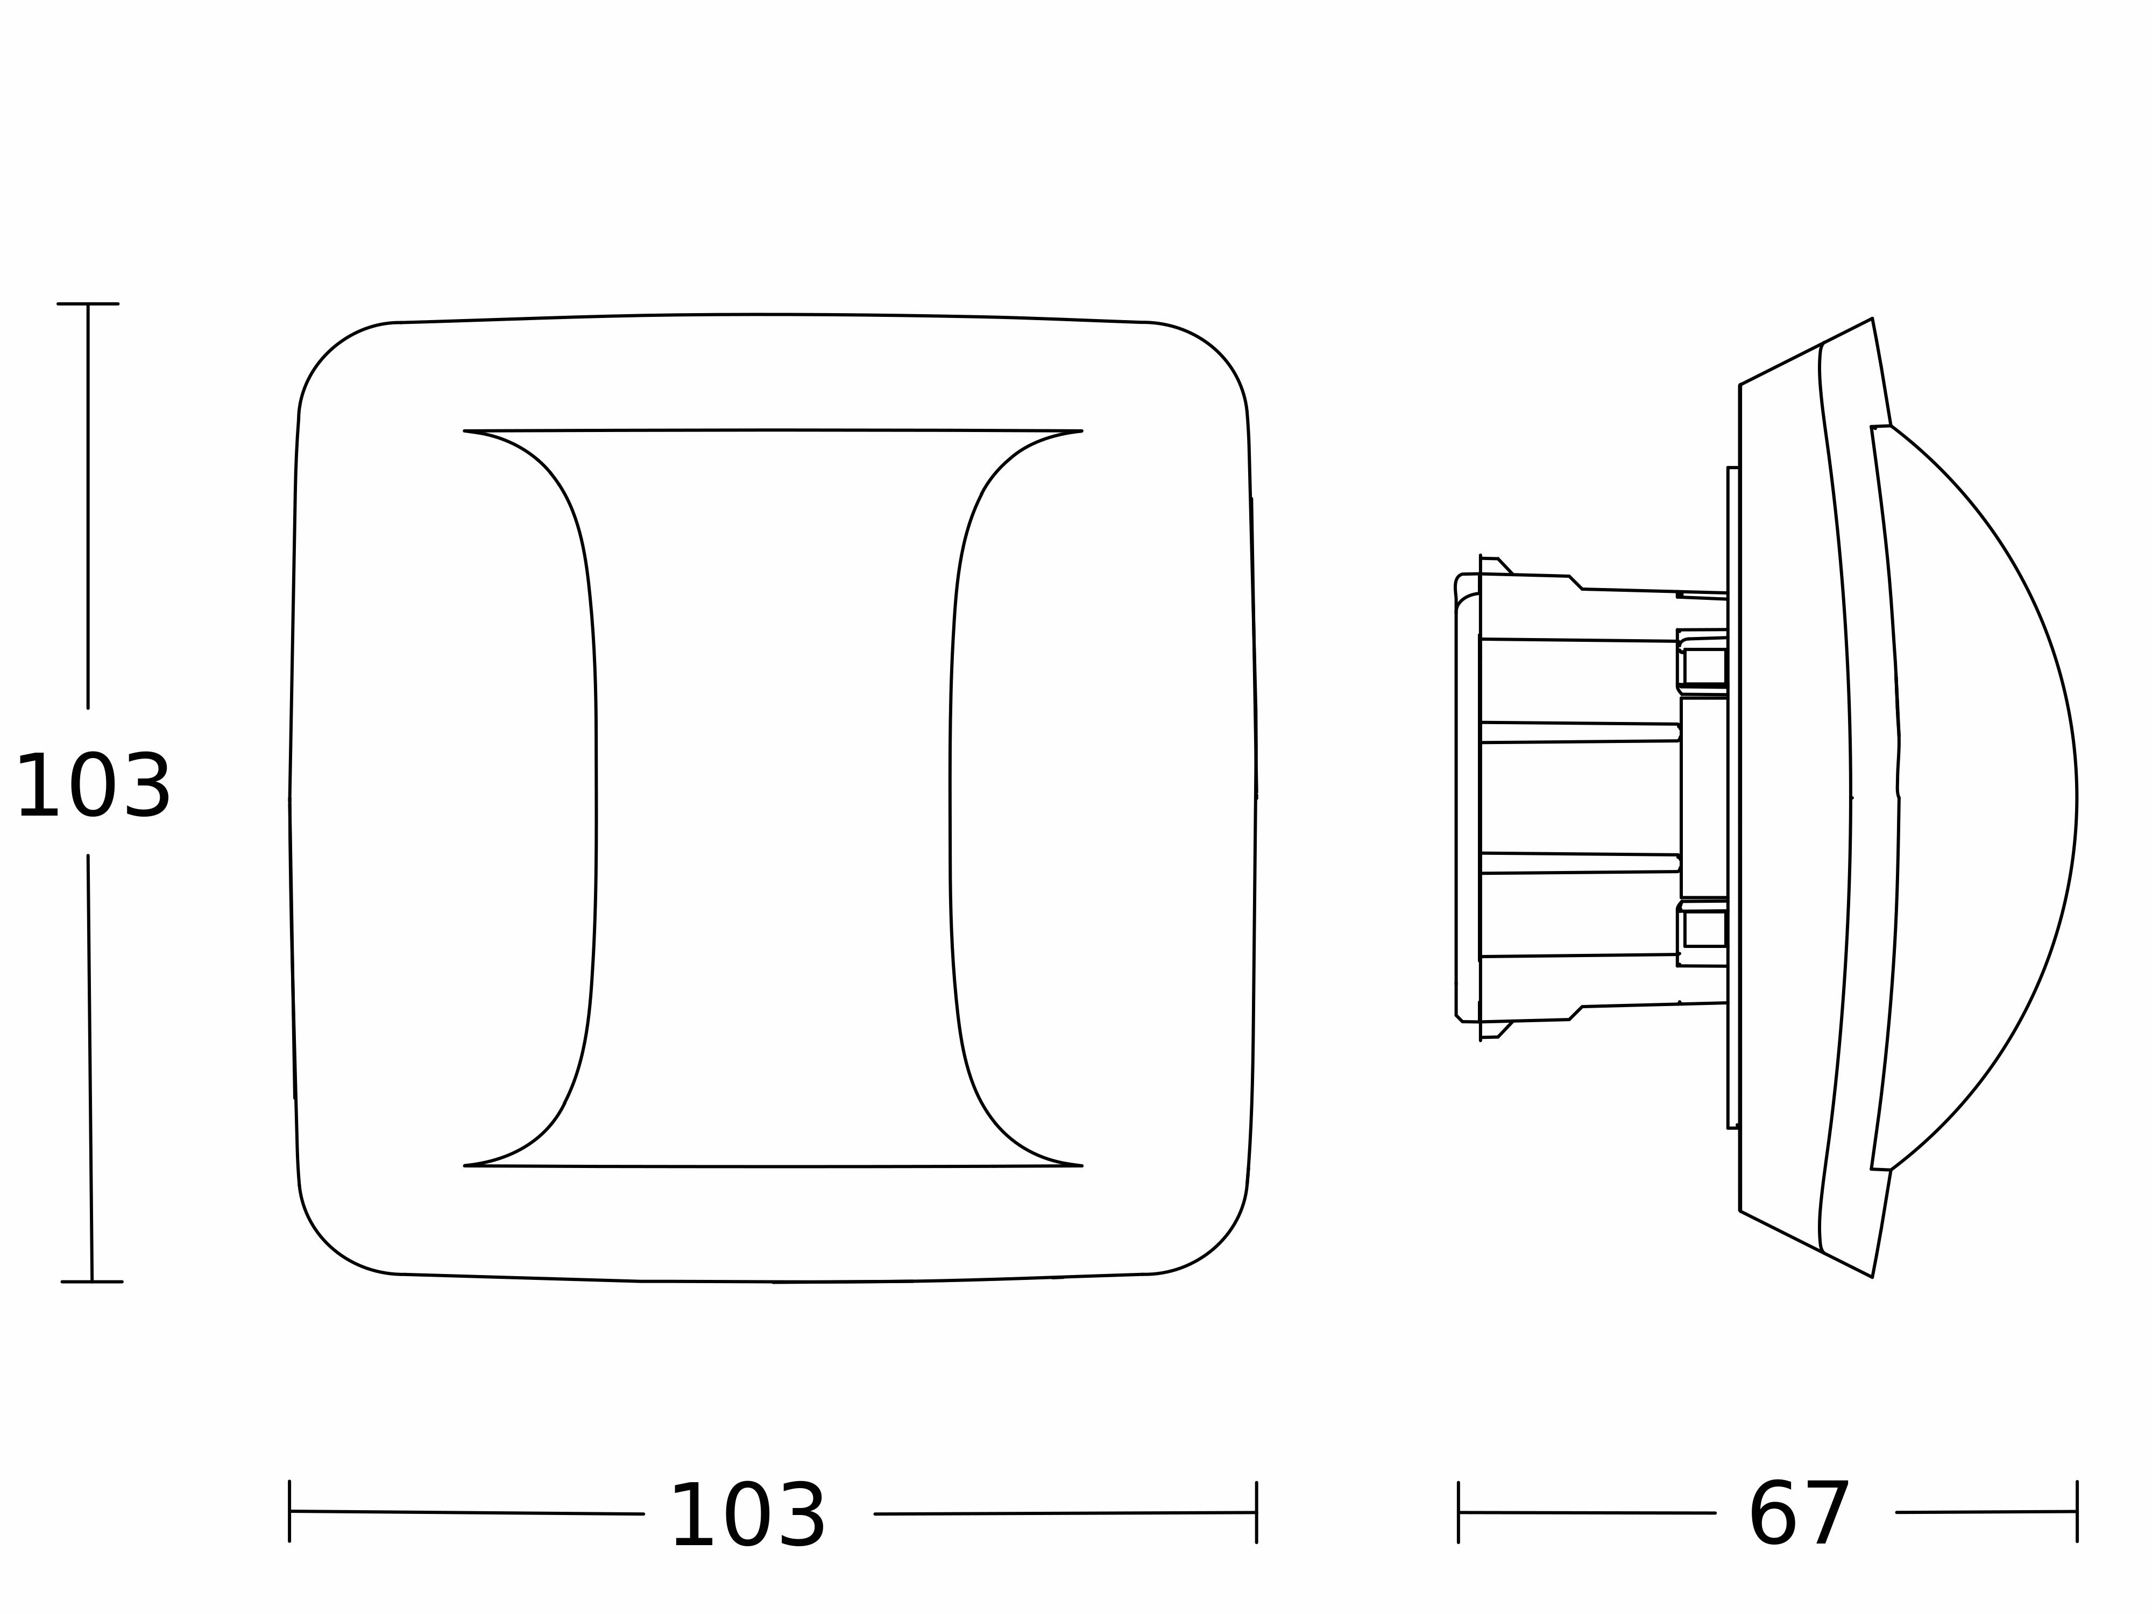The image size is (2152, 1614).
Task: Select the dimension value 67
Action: click(x=1799, y=1515)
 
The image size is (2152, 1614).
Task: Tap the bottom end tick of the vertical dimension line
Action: click(x=91, y=1282)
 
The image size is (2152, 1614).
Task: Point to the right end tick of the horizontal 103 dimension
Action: click(x=1256, y=1513)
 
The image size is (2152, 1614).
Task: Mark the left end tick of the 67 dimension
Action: click(x=1459, y=1513)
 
